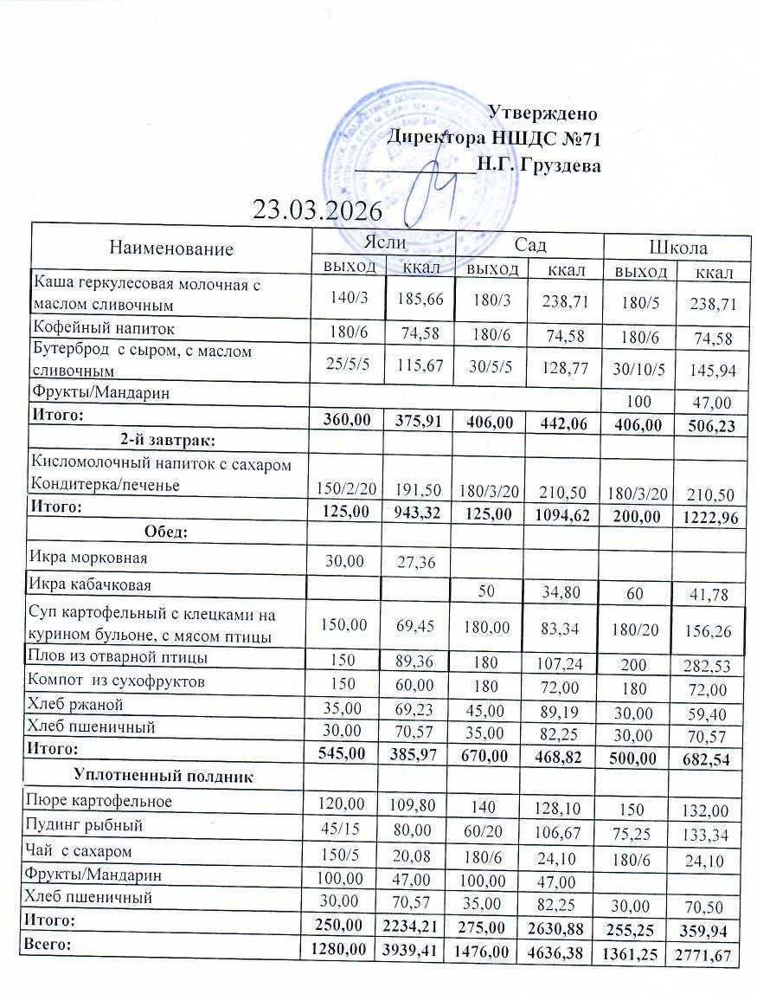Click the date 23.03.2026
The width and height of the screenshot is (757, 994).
click(x=318, y=209)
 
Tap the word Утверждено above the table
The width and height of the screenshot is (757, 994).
click(x=542, y=113)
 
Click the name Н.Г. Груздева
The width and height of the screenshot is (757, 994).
click(x=538, y=165)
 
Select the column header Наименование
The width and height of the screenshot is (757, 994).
click(x=170, y=249)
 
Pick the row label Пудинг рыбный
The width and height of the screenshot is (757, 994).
click(x=85, y=825)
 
